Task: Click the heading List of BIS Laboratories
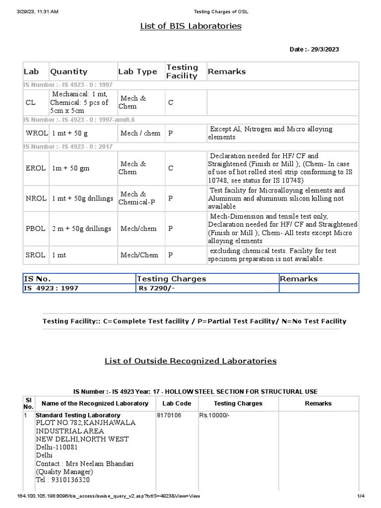190,26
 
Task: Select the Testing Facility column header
182,71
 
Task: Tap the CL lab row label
31,102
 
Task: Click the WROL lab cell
36,133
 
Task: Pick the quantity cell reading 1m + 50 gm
71,168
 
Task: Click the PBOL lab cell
35,229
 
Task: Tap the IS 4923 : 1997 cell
51,288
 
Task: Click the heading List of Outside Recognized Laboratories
190,361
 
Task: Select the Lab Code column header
176,403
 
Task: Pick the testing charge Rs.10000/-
214,415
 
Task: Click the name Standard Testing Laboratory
78,415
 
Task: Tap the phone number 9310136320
69,480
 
